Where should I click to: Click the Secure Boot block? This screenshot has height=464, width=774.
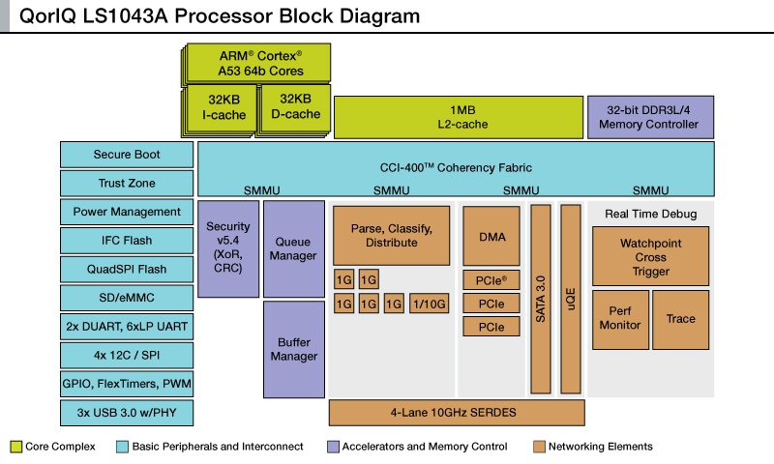(127, 155)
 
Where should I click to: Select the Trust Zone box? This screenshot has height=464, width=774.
(127, 184)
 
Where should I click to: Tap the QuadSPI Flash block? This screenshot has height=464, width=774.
(127, 270)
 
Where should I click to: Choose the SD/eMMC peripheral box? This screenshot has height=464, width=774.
(127, 298)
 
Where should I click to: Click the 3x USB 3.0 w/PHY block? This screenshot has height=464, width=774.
(127, 413)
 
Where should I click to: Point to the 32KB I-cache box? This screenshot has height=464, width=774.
(223, 107)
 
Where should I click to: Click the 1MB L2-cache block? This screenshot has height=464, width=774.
(458, 117)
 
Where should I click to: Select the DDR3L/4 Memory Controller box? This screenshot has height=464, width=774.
(649, 117)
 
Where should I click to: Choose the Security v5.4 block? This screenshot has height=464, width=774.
(228, 247)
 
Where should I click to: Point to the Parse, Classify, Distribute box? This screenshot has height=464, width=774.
(392, 235)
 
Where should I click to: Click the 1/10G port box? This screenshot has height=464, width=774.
(429, 304)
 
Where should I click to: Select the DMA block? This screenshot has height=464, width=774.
(491, 236)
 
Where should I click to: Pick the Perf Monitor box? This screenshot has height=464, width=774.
(619, 319)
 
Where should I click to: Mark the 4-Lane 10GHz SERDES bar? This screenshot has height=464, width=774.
(458, 413)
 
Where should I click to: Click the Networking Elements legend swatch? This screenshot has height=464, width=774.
(539, 447)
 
